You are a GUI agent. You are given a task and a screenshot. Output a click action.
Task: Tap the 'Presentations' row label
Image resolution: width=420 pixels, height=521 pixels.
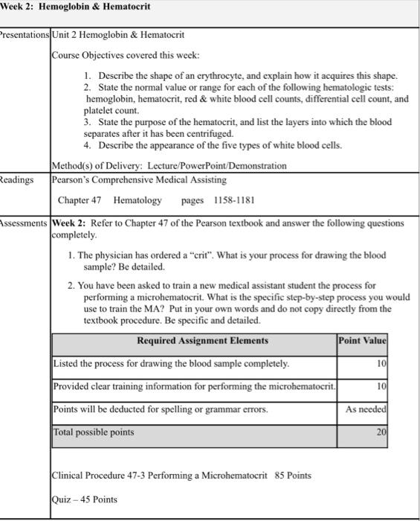25,35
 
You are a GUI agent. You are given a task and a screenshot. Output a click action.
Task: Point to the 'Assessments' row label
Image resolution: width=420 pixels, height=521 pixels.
25,223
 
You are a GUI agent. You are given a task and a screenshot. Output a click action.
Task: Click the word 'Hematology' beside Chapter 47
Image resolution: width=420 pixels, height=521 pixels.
137,200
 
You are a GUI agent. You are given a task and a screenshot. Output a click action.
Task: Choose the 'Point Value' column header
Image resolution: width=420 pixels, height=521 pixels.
363,341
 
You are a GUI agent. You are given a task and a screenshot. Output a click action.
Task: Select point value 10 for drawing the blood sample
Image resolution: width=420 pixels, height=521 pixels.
381,363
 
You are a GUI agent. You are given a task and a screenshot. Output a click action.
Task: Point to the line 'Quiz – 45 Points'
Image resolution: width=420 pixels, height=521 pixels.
85,499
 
